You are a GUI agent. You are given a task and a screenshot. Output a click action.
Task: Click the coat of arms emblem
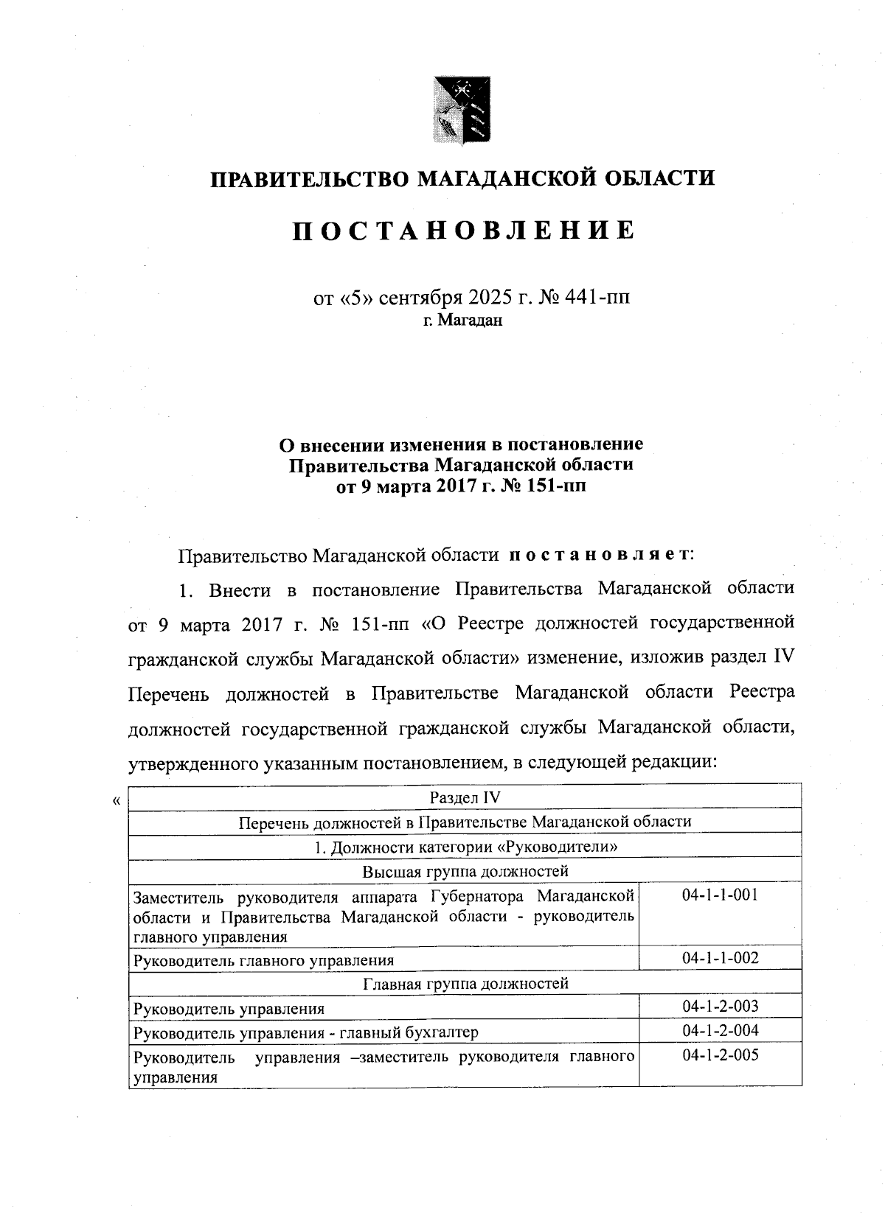(x=462, y=110)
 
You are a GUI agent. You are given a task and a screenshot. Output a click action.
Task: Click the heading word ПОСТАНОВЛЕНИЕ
(x=462, y=231)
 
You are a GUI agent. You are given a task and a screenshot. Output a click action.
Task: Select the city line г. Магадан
(x=462, y=321)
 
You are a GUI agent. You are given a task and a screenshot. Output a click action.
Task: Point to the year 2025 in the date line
(x=490, y=298)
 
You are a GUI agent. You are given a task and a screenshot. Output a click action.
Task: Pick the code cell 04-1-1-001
(x=720, y=895)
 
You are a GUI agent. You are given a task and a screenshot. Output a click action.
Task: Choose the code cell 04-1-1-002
(x=720, y=958)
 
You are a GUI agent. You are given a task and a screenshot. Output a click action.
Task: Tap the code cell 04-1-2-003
(x=720, y=1006)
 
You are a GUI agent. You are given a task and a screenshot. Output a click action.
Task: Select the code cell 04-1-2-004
(x=720, y=1030)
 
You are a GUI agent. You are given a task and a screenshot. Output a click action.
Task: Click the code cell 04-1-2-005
(x=720, y=1055)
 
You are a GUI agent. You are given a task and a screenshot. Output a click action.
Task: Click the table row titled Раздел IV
(x=465, y=797)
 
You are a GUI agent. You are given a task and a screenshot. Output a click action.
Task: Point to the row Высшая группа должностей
(x=465, y=872)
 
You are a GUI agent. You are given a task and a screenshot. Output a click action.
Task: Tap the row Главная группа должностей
(x=465, y=983)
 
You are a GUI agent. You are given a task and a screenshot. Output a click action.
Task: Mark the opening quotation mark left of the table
(x=114, y=800)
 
